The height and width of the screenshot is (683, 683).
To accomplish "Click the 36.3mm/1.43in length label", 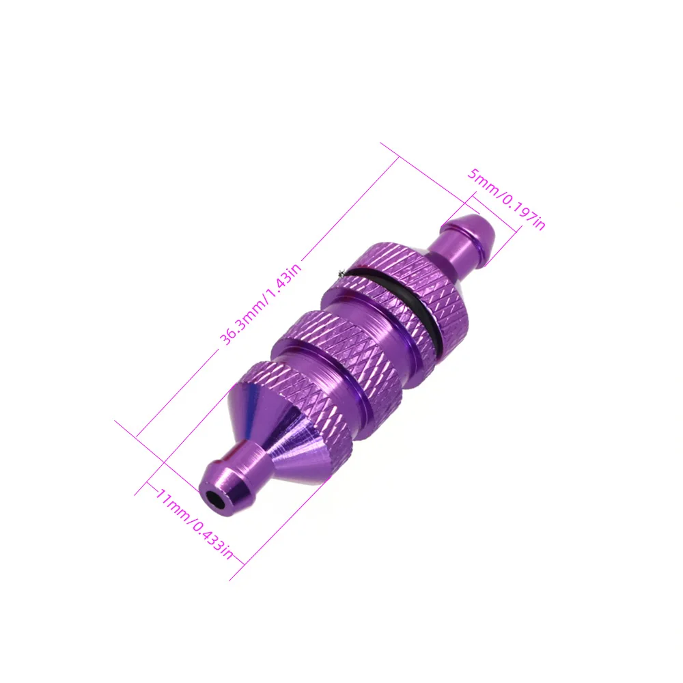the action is click(260, 305).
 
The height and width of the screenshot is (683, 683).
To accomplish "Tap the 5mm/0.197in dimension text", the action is click(506, 199).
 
